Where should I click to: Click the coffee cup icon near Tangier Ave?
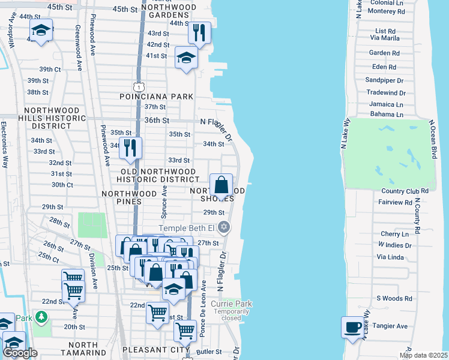tap(353, 328)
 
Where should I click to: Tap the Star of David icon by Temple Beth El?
tap(224, 227)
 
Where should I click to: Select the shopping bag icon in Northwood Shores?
tap(221, 185)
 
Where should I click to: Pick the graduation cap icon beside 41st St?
tap(186, 58)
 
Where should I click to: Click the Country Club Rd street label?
tap(405, 191)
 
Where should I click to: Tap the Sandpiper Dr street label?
tap(385, 80)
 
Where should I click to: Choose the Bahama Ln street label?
tap(386, 114)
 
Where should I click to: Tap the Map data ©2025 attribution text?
tap(423, 355)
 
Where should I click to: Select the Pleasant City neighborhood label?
tap(155, 349)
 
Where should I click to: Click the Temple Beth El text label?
tap(186, 228)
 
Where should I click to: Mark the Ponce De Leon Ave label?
tap(204, 299)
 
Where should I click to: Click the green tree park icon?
tap(41, 316)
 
